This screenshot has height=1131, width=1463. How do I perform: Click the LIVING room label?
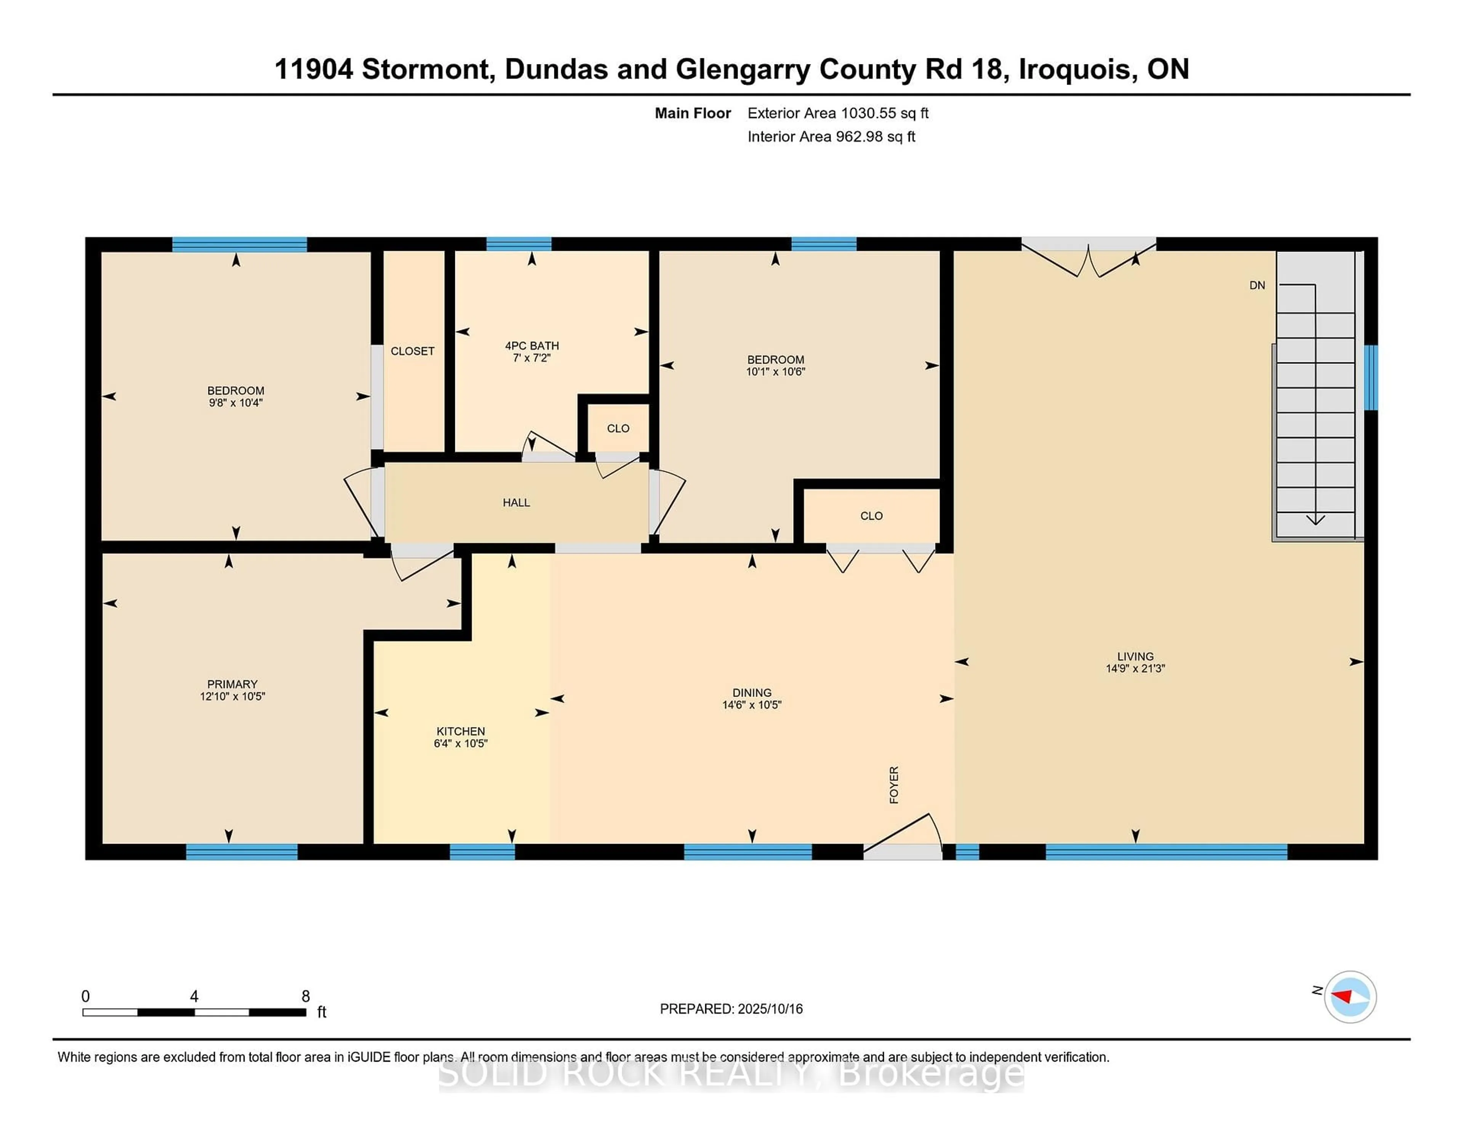coord(1135,656)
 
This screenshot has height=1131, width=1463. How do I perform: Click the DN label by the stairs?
coord(1257,285)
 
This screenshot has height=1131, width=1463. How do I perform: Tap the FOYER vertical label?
coord(893,785)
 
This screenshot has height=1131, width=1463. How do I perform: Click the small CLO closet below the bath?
coord(618,429)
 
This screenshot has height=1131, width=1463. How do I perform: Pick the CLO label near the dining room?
coord(871,516)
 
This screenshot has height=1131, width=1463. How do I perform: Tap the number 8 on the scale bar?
coord(306,996)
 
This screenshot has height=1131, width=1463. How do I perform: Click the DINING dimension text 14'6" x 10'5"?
coord(752,705)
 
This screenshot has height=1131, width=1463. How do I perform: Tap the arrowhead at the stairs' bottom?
coord(1315,519)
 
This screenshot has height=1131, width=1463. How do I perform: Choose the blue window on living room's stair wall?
coord(1370,377)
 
